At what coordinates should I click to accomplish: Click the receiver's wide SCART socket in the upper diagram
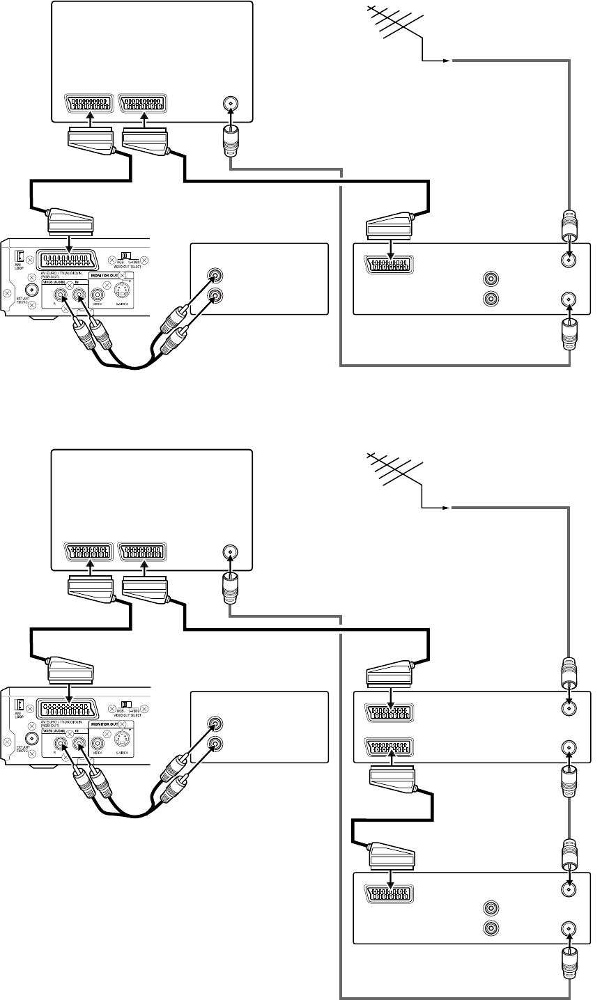point(69,261)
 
